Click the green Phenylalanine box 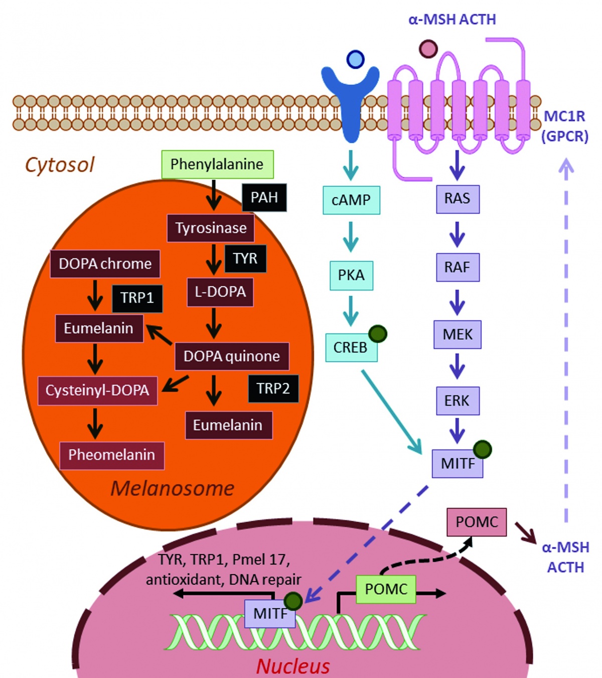217,164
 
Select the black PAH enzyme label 264,197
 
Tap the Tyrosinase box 211,228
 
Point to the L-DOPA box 220,292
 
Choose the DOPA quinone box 232,356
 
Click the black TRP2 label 273,388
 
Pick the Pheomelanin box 111,455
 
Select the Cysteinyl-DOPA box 97,390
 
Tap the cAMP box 351,200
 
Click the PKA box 351,275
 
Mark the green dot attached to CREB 378,334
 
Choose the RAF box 457,267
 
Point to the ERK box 457,400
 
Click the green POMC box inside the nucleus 386,589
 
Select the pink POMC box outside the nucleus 477,522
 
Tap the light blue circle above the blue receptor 355,60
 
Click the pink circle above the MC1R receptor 428,49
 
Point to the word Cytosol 60,165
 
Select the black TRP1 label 137,298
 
